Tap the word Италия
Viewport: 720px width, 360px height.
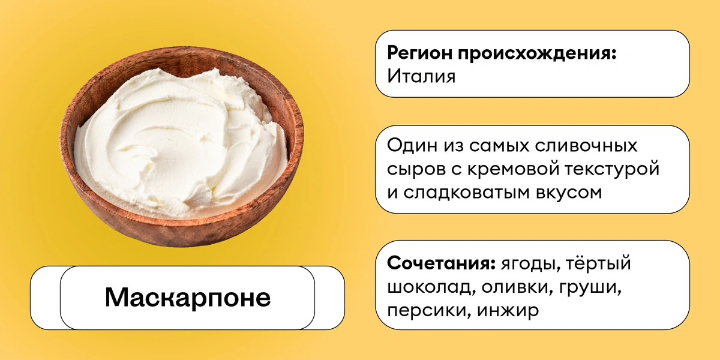click(421, 77)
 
